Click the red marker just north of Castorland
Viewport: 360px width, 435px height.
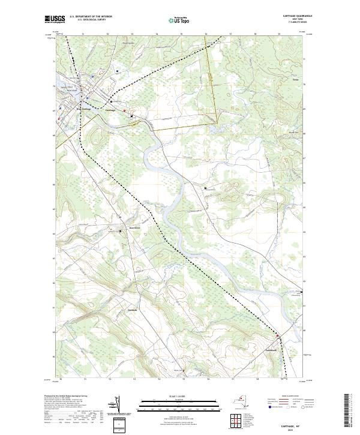277,335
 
